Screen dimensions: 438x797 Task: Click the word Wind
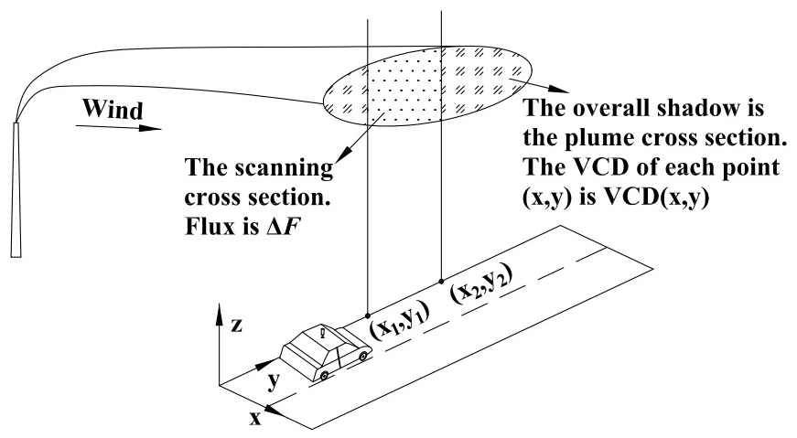(113, 111)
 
